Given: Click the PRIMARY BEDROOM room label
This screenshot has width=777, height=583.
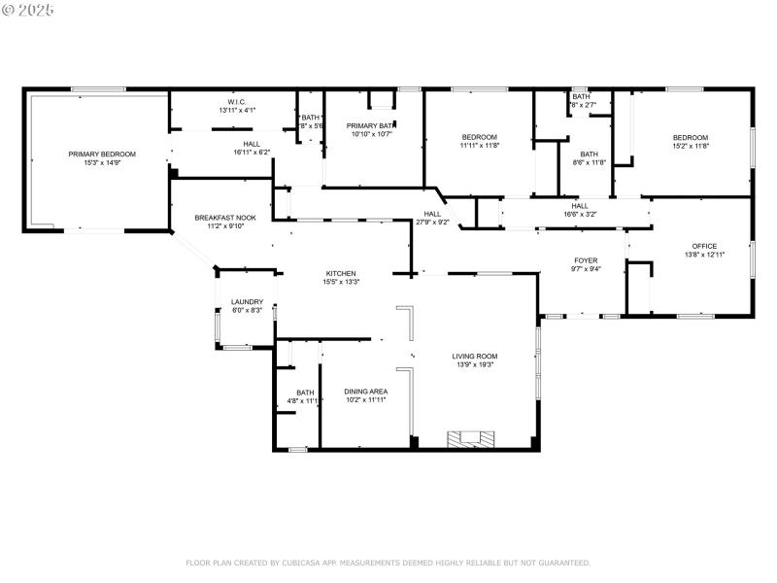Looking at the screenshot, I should tap(102, 154).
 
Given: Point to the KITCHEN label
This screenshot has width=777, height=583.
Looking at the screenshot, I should tap(340, 273).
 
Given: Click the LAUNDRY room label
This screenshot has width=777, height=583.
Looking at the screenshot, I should tap(247, 301).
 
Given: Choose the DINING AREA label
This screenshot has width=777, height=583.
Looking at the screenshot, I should tap(366, 392).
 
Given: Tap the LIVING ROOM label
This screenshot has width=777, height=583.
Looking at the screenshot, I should tap(475, 356).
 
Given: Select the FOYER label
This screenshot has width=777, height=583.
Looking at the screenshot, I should tap(586, 260).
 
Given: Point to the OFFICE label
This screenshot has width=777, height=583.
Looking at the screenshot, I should tap(704, 246).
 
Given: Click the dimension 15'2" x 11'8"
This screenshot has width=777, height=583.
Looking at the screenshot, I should tap(691, 146).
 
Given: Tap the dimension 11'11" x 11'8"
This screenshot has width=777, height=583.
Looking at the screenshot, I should tap(479, 146).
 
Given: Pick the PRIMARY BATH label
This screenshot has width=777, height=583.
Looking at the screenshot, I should tap(370, 125).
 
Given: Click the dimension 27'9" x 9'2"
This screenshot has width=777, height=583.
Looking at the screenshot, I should tap(432, 223).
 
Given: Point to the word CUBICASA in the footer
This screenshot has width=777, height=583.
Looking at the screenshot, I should tap(303, 563).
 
